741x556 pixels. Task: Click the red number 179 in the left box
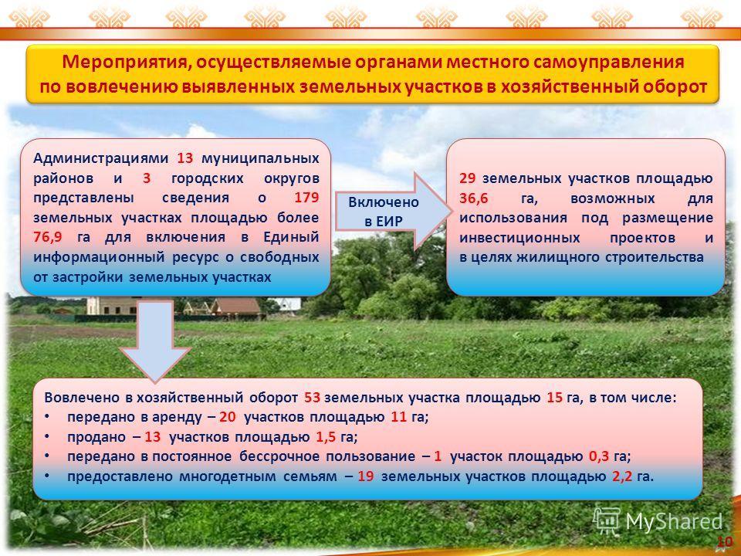306,198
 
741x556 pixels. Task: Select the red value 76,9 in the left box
47,237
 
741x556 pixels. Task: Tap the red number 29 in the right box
468,178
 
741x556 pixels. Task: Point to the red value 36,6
473,198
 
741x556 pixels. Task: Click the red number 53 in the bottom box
313,397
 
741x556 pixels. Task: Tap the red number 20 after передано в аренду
227,417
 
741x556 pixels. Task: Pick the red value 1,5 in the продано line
326,437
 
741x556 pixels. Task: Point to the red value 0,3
599,456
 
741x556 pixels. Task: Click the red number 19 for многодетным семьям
365,476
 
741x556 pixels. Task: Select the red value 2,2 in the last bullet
622,476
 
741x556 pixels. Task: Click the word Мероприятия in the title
126,62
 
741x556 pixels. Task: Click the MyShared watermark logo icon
607,521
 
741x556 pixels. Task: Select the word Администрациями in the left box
100,158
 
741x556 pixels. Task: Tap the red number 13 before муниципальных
184,158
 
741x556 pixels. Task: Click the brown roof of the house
236,307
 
